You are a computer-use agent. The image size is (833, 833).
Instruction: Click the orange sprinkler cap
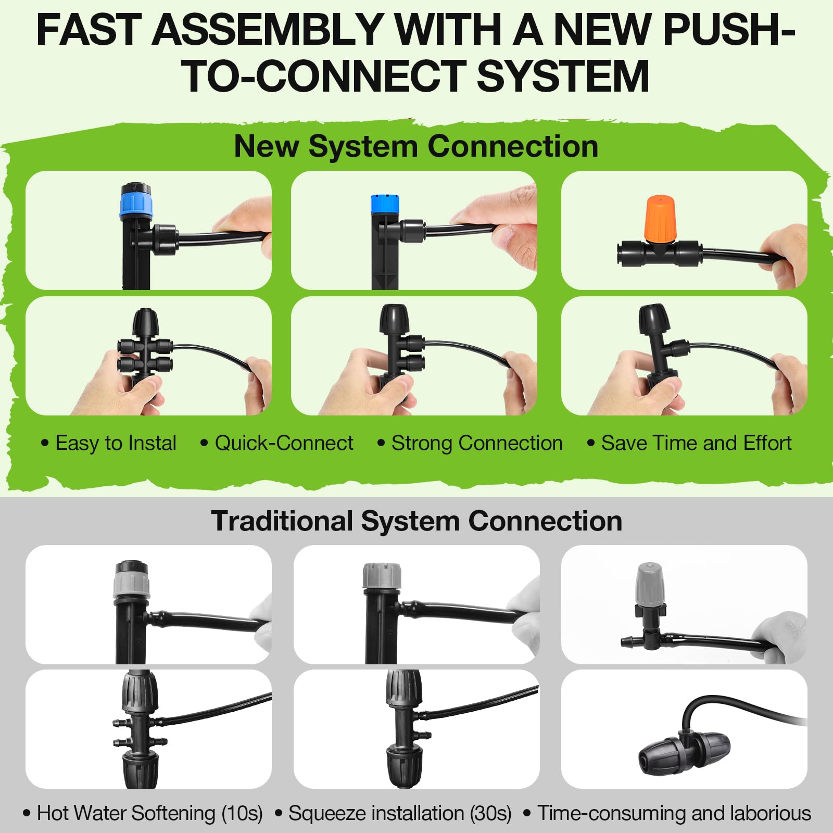point(660,219)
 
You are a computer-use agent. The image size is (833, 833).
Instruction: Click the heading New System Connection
point(416,146)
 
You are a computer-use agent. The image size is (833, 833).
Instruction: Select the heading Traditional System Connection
point(416,521)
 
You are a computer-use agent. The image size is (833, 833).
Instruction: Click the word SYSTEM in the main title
point(562,77)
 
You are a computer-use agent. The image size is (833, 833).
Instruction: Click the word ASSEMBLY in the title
point(268,30)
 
